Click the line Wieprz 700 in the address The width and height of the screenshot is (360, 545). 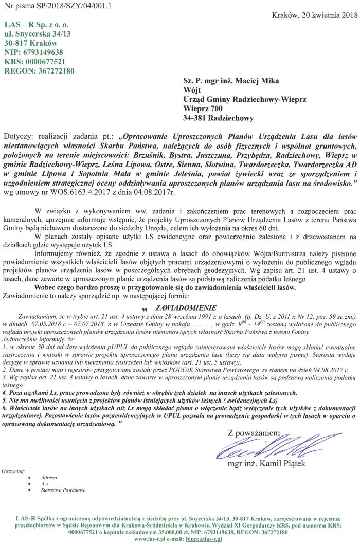point(203,109)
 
